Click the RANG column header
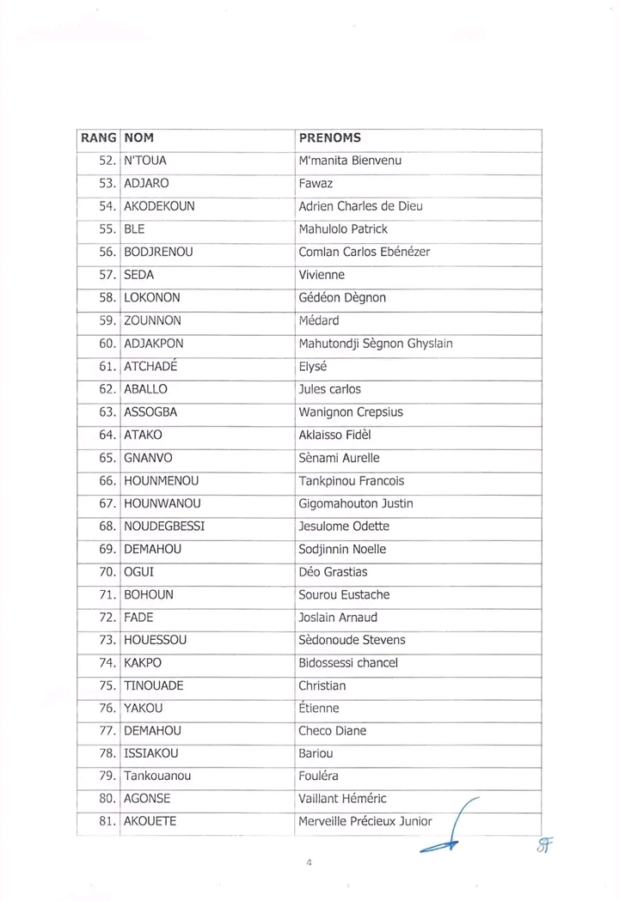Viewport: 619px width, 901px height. coord(99,137)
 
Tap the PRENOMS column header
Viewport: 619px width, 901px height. coord(329,137)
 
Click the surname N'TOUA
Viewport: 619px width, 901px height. coord(145,161)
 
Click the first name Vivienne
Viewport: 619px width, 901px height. coord(322,275)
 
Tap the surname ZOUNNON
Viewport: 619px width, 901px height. coord(153,320)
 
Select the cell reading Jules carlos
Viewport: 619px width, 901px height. coord(329,389)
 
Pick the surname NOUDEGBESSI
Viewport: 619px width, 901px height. coord(164,526)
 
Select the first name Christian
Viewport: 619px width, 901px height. coord(322,685)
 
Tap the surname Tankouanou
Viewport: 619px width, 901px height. coord(157,776)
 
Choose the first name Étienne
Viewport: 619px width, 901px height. coord(318,709)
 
